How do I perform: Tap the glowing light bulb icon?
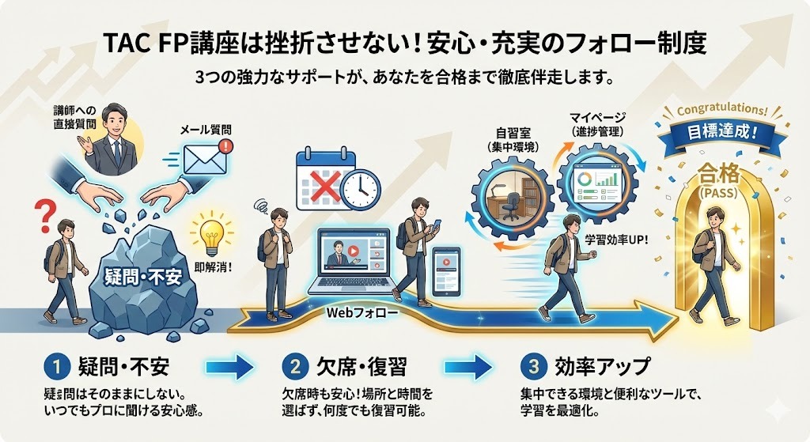coord(210,234)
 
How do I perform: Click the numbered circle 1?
coord(55,367)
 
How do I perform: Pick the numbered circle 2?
coord(293,367)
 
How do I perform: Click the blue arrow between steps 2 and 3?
coord(472,367)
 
